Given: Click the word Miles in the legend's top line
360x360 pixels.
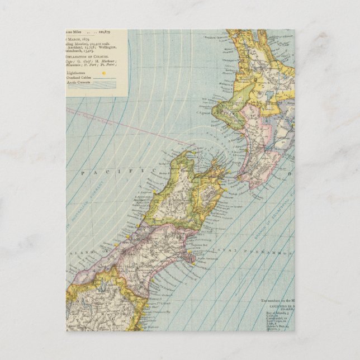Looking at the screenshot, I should click(75, 32).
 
